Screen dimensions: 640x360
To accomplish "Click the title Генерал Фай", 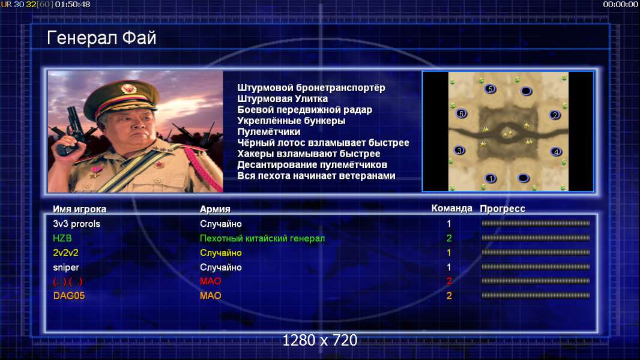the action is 101,38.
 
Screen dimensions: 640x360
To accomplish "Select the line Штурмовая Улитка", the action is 282,98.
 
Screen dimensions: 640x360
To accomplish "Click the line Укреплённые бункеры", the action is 291,121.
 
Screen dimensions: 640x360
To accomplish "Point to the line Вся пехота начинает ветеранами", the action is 316,176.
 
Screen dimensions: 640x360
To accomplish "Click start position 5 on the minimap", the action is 490,89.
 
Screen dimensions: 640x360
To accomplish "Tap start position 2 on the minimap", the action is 555,115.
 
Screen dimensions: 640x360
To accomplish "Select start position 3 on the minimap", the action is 460,151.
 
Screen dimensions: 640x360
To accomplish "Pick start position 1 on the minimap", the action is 491,178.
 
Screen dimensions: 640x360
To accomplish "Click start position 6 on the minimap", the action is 461,114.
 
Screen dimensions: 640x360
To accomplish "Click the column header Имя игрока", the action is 80,209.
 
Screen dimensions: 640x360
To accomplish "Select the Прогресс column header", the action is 503,209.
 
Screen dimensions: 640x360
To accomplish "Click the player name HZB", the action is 62,238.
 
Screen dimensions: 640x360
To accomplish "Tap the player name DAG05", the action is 69,296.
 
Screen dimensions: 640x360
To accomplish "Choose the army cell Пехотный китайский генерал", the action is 262,238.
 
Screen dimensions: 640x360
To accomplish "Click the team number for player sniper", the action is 449,267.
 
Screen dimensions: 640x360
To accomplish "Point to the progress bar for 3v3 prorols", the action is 536,223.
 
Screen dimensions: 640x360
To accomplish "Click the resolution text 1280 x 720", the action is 320,340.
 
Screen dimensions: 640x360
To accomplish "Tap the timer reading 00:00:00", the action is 620,4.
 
